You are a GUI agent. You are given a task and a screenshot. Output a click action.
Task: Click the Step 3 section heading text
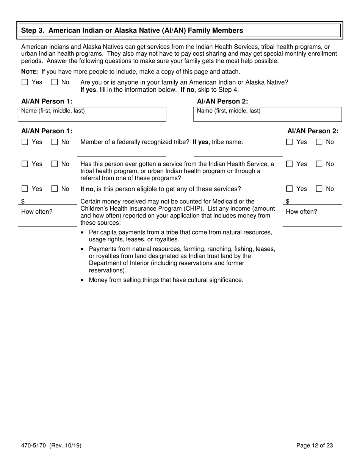[132, 30]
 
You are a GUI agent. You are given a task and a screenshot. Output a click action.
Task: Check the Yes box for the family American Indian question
[25, 82]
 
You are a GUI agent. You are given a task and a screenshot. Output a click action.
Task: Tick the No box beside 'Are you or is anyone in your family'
[55, 82]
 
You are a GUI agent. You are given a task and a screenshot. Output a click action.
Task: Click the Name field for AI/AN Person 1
[92, 114]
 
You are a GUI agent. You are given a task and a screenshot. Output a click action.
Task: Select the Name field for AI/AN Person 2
[267, 114]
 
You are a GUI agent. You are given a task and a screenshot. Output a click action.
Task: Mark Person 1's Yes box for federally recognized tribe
[25, 142]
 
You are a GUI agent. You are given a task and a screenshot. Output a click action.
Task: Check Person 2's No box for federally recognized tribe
[319, 142]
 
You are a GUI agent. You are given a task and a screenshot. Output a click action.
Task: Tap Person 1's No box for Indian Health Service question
[55, 164]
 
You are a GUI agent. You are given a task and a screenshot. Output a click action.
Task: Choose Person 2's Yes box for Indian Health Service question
[290, 164]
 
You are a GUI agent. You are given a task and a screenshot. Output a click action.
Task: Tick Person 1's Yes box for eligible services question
[25, 189]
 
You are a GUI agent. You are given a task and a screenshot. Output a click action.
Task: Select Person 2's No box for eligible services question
[319, 189]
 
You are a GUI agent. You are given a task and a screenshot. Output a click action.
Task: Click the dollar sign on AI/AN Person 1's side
[23, 202]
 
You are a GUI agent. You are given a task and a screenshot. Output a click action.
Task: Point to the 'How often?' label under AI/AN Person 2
[301, 212]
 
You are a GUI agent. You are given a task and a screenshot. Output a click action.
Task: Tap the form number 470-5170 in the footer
[33, 446]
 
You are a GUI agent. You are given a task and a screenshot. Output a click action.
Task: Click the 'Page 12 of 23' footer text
[315, 446]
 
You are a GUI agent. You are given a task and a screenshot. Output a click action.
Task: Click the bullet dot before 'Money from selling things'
[83, 280]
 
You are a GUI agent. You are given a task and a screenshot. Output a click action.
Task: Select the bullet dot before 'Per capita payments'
[83, 233]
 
